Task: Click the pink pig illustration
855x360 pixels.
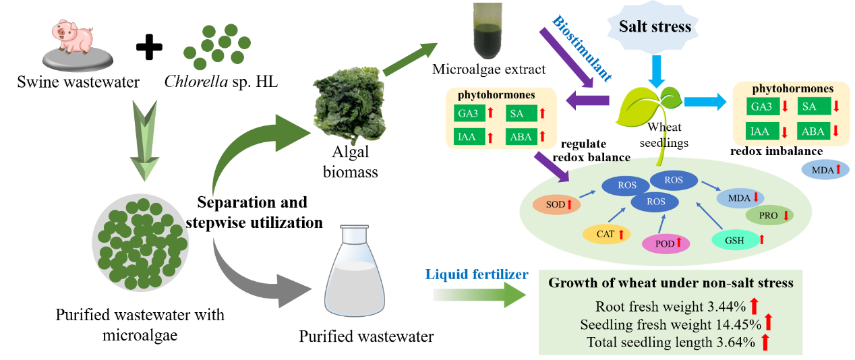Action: pyautogui.click(x=72, y=36)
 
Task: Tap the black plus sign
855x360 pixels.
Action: pyautogui.click(x=149, y=47)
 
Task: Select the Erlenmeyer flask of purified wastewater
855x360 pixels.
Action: pyautogui.click(x=355, y=271)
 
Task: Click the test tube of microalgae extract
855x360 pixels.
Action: pyautogui.click(x=487, y=30)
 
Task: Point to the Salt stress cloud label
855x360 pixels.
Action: pyautogui.click(x=655, y=26)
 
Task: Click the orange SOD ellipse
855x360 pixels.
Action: pyautogui.click(x=556, y=204)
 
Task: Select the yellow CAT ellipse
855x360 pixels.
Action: pyautogui.click(x=606, y=234)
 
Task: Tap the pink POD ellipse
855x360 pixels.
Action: pyautogui.click(x=666, y=243)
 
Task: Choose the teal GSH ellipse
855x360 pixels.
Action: pyautogui.click(x=736, y=240)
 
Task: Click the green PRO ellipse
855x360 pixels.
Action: pyautogui.click(x=769, y=215)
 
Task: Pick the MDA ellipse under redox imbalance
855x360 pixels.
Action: pyautogui.click(x=825, y=169)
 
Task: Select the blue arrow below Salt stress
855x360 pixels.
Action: pyautogui.click(x=657, y=71)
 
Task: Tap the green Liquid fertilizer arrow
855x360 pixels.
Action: pyautogui.click(x=480, y=295)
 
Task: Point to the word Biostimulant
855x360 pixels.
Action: pyautogui.click(x=582, y=49)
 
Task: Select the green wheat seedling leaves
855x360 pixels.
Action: pyautogui.click(x=649, y=107)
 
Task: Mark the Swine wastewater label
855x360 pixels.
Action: pyautogui.click(x=78, y=82)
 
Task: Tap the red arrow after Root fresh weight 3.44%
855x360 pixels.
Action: pyautogui.click(x=754, y=306)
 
